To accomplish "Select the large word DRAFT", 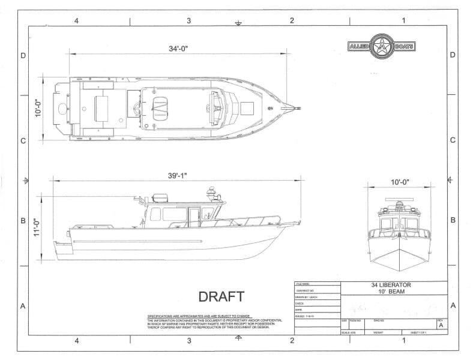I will pyautogui.click(x=221, y=296).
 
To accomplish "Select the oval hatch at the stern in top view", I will pyautogui.click(x=62, y=108).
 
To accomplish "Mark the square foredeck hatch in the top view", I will pyautogui.click(x=247, y=108).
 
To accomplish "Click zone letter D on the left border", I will pyautogui.click(x=23, y=56).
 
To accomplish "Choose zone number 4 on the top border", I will pyautogui.click(x=76, y=20).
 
